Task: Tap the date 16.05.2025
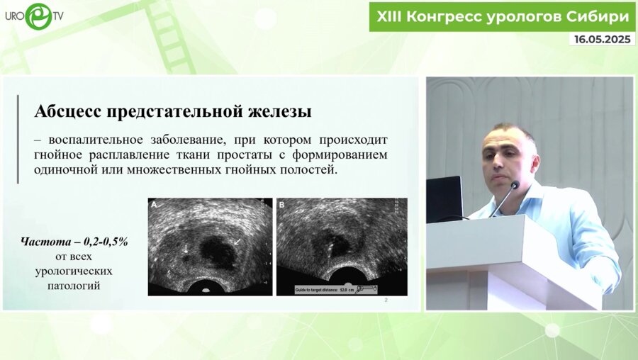pos(601,40)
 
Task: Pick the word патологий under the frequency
pos(74,286)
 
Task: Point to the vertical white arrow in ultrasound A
pos(186,248)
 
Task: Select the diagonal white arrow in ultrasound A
pos(238,242)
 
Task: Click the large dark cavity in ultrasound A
pos(217,250)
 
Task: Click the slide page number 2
pos(385,301)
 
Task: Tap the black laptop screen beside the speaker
pos(444,198)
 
